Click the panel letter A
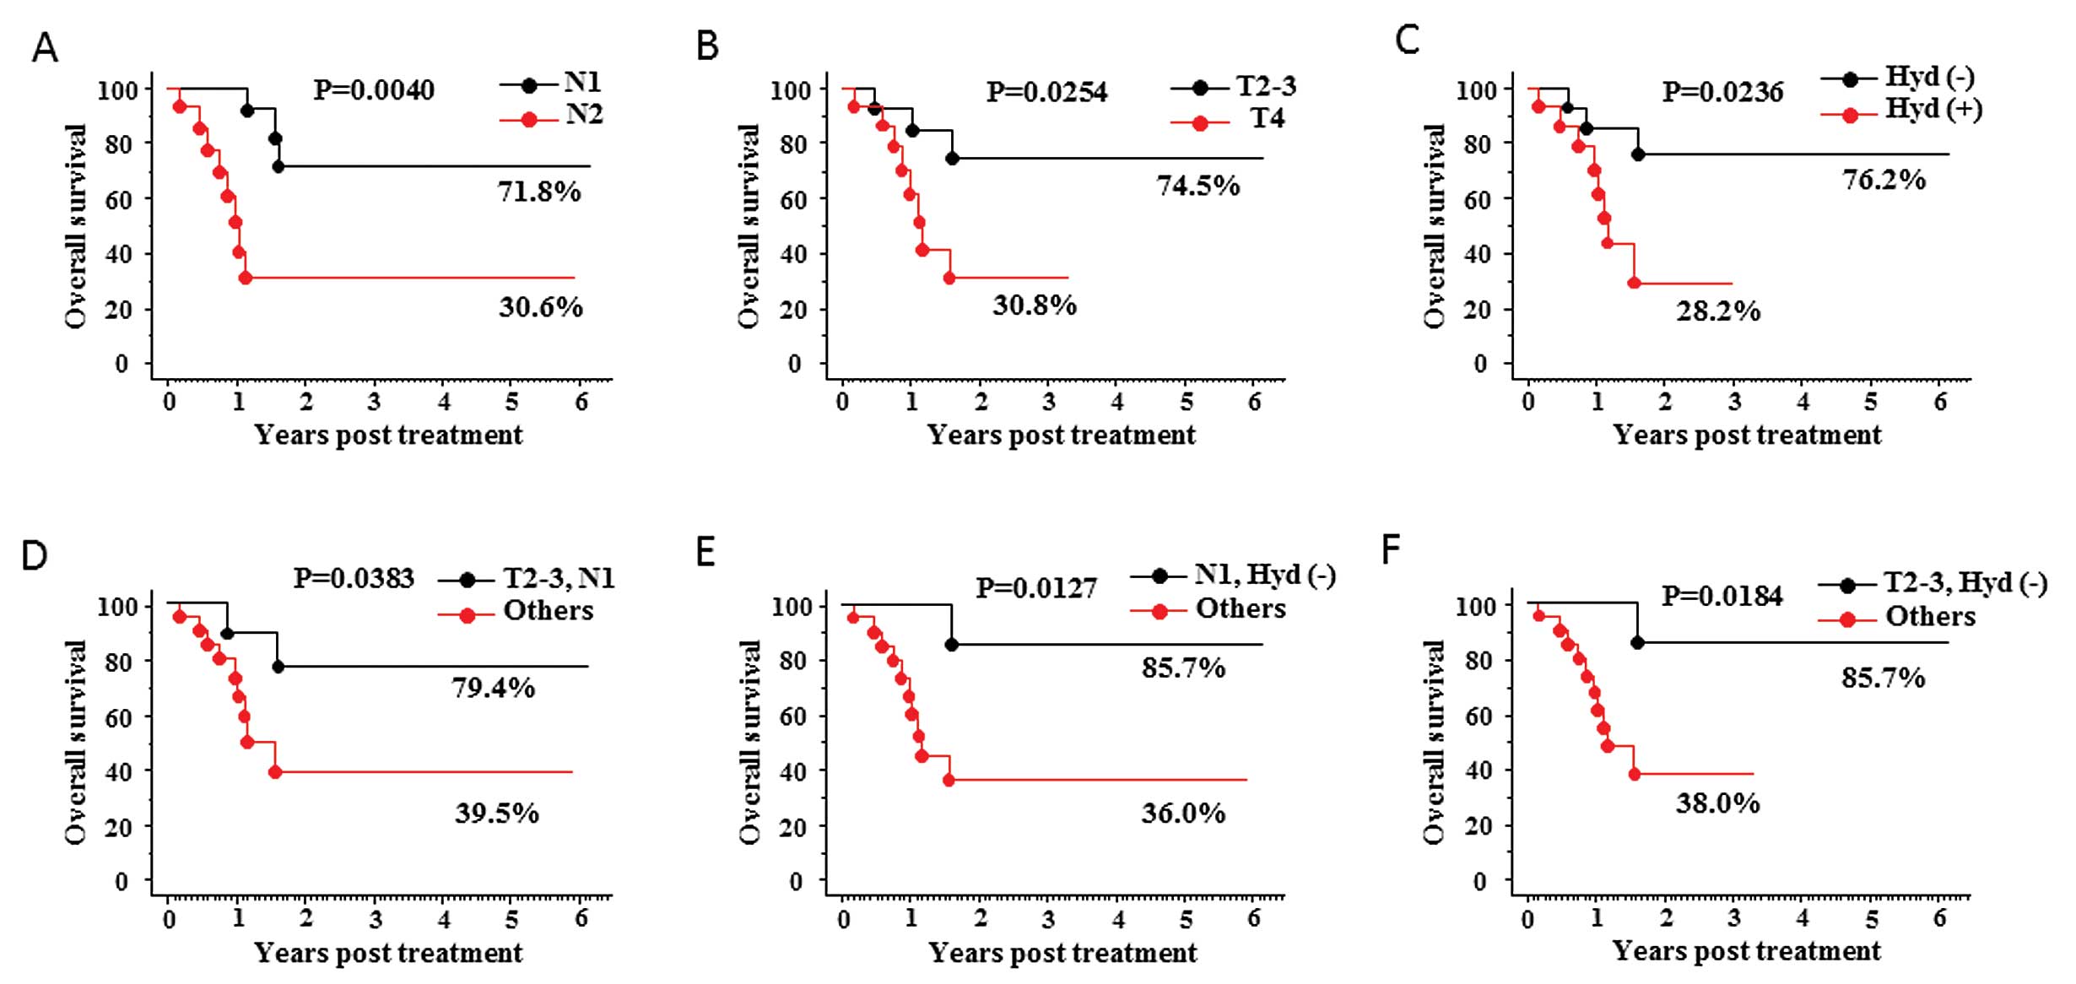click(x=45, y=48)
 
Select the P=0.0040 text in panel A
click(x=374, y=89)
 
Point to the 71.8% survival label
click(x=539, y=192)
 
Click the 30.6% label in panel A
click(x=540, y=307)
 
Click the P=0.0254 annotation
click(x=1047, y=91)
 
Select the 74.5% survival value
click(x=1198, y=186)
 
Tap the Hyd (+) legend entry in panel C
click(x=1933, y=111)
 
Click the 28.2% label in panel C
click(x=1718, y=311)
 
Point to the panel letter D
click(x=35, y=556)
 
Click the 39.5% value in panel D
click(x=497, y=814)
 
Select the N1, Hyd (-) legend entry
click(x=1265, y=576)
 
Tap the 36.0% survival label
click(x=1184, y=814)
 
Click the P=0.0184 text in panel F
click(x=1722, y=597)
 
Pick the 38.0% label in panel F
click(x=1718, y=803)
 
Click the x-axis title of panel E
click(x=1062, y=953)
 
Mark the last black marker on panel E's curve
click(x=952, y=645)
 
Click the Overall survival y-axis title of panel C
click(x=1435, y=226)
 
